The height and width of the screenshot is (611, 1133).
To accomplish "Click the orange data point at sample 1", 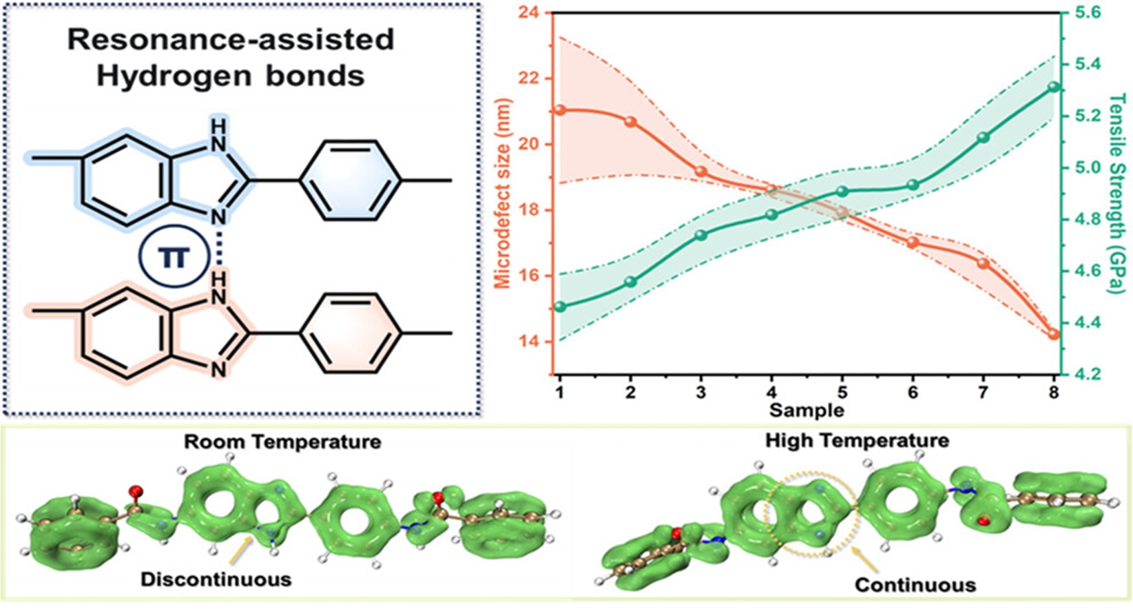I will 560,110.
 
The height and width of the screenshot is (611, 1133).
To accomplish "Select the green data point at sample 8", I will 1053,87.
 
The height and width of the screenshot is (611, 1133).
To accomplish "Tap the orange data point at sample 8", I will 1053,335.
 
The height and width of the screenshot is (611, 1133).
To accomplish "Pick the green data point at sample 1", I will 560,307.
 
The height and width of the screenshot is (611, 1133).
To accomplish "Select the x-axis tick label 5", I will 842,392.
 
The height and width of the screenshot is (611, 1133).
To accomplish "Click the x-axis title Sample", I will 807,411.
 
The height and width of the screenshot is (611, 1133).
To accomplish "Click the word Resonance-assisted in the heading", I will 231,40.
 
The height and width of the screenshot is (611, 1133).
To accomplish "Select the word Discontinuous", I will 216,579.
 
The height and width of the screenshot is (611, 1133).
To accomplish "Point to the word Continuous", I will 915,585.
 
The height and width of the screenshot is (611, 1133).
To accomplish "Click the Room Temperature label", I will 282,441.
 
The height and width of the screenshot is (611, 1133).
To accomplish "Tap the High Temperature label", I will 857,439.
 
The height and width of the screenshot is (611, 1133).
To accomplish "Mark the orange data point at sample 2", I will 631,122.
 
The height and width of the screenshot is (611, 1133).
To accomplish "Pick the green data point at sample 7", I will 983,138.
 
